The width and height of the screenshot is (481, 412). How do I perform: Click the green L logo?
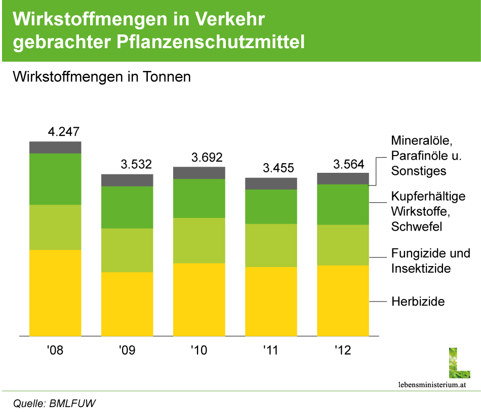(459, 363)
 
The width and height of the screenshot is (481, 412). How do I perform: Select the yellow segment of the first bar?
(55, 293)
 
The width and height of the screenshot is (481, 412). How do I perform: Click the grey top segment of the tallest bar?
(55, 147)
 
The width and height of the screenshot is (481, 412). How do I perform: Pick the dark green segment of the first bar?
(55, 179)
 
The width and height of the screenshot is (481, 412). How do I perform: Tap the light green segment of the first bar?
(55, 227)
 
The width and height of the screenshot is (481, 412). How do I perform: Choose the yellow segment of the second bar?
(127, 304)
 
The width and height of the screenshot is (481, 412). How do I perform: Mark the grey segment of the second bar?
(127, 180)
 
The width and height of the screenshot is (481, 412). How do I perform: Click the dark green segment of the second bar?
(127, 207)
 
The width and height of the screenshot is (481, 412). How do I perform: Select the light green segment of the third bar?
(199, 240)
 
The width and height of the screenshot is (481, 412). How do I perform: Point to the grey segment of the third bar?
(199, 173)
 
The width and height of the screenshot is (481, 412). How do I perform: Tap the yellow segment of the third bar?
(199, 299)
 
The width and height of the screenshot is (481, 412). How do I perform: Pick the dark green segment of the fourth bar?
(271, 207)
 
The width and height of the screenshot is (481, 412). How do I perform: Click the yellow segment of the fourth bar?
(271, 302)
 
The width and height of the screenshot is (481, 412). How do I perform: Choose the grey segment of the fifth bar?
(343, 178)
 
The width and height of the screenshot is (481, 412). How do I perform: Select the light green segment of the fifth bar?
(343, 245)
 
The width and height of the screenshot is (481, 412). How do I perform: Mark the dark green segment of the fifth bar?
(343, 204)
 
